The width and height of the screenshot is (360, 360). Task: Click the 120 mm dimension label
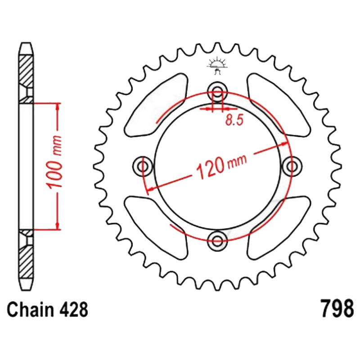(x=221, y=165)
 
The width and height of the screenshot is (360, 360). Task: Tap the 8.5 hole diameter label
(x=234, y=120)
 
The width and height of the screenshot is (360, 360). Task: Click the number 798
(x=337, y=308)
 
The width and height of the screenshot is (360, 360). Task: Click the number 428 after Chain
(x=73, y=310)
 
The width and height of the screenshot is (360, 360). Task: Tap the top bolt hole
(x=217, y=91)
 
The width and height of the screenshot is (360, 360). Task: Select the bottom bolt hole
(x=217, y=241)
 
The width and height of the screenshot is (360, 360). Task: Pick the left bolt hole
(x=143, y=166)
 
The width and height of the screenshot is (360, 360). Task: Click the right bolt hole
(x=292, y=166)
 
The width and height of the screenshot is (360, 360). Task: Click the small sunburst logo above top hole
(x=217, y=66)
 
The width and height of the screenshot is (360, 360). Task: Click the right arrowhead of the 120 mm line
(x=285, y=144)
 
